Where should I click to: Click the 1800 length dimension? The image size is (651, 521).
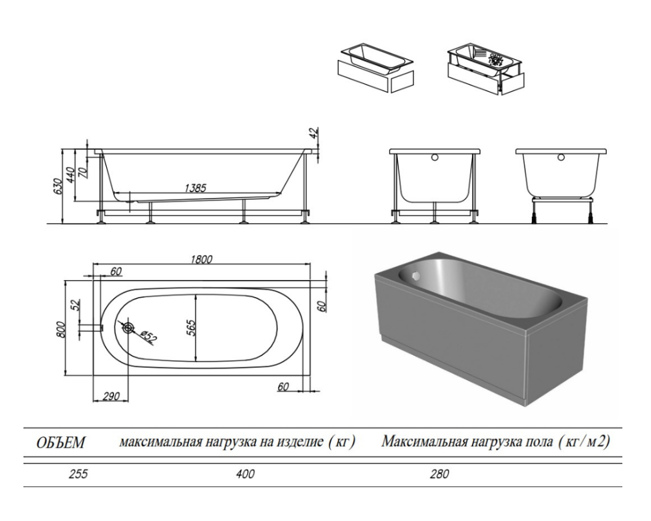(x=201, y=259)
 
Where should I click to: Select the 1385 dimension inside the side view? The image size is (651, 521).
(x=195, y=188)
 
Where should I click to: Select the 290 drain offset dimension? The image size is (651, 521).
(x=111, y=396)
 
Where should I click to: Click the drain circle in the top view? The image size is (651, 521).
(x=128, y=328)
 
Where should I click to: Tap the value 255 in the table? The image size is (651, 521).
(x=79, y=473)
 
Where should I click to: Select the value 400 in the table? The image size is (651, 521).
(x=246, y=473)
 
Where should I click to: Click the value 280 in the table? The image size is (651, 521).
(x=440, y=473)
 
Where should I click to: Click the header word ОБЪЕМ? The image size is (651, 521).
(x=61, y=442)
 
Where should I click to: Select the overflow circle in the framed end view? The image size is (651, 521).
(x=435, y=158)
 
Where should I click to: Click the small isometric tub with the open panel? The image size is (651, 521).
(x=486, y=68)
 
